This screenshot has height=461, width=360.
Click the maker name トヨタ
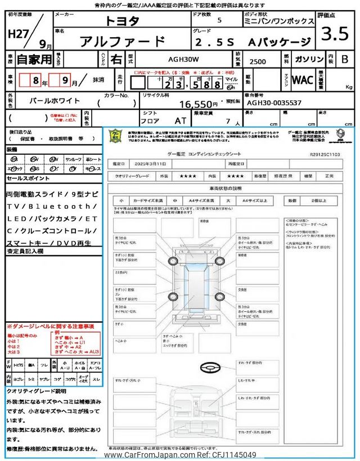pos(121,21)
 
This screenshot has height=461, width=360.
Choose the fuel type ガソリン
pos(309,59)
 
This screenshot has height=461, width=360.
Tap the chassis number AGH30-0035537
pos(275,103)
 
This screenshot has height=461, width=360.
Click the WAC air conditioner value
pos(303,80)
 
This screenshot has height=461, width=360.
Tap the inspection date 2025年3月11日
pos(151,163)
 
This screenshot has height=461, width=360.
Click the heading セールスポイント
pos(28,178)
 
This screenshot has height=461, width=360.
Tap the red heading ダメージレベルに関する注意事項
pos(51,326)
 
